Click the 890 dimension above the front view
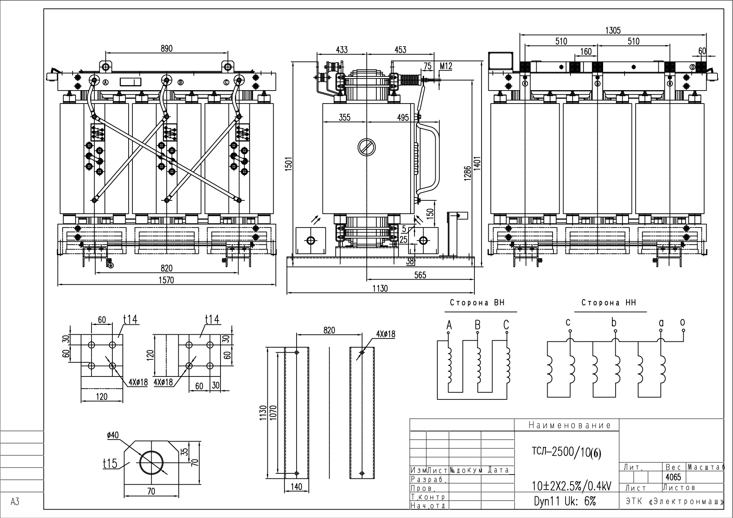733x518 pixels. pyautogui.click(x=166, y=48)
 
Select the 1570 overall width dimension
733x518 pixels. pyautogui.click(x=166, y=280)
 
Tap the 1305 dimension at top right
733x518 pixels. pyautogui.click(x=613, y=30)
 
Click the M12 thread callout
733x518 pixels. pyautogui.click(x=446, y=66)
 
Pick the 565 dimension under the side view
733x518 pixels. pyautogui.click(x=420, y=275)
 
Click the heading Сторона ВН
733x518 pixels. pyautogui.click(x=477, y=303)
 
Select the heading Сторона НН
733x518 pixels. pyautogui.click(x=609, y=303)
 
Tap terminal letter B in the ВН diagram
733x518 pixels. pyautogui.click(x=477, y=325)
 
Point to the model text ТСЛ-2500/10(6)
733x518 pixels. pyautogui.click(x=566, y=452)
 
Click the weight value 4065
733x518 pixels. pyautogui.click(x=672, y=477)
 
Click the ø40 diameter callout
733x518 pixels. pyautogui.click(x=113, y=435)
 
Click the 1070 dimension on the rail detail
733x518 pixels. pyautogui.click(x=274, y=414)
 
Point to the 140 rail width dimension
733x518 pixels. pyautogui.click(x=296, y=486)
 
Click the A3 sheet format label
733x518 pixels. pyautogui.click(x=15, y=502)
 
